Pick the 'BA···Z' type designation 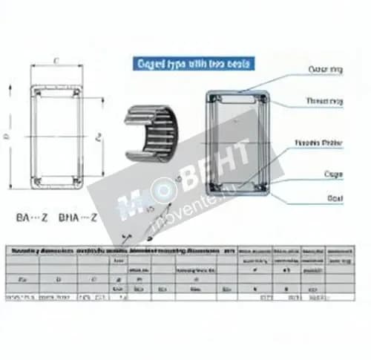pyautogui.click(x=33, y=218)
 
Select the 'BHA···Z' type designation pyautogui.click(x=78, y=218)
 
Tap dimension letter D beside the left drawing pyautogui.click(x=7, y=135)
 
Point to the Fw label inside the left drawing pyautogui.click(x=97, y=136)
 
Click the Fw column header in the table pyautogui.click(x=23, y=280)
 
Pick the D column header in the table pyautogui.click(x=58, y=280)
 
